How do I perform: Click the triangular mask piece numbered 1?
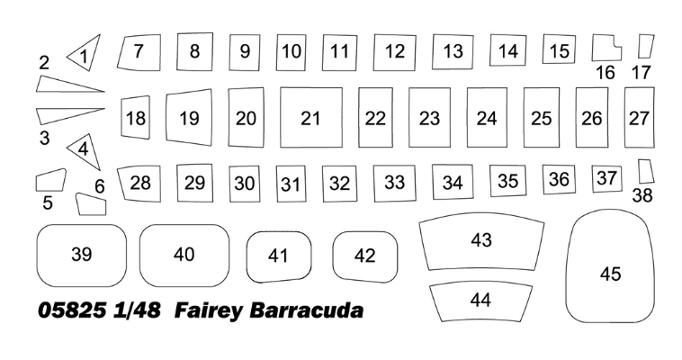point(86,53)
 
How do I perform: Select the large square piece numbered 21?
point(311,118)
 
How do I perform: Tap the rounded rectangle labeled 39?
point(81,256)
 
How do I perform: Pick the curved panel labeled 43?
point(481,241)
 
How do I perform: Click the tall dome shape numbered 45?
point(610,266)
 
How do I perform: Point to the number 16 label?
point(605,72)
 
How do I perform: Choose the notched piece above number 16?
point(606,48)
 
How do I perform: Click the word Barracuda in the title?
point(306,310)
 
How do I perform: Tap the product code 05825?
point(72,310)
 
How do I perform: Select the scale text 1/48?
point(137,310)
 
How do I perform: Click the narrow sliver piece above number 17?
point(646,47)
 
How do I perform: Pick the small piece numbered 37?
point(606,178)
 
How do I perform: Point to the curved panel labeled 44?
point(480,302)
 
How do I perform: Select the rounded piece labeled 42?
point(365,256)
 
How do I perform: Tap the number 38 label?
point(642,195)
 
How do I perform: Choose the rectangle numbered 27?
point(640,118)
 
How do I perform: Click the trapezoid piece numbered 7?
point(139,52)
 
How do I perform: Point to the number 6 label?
point(100,186)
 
